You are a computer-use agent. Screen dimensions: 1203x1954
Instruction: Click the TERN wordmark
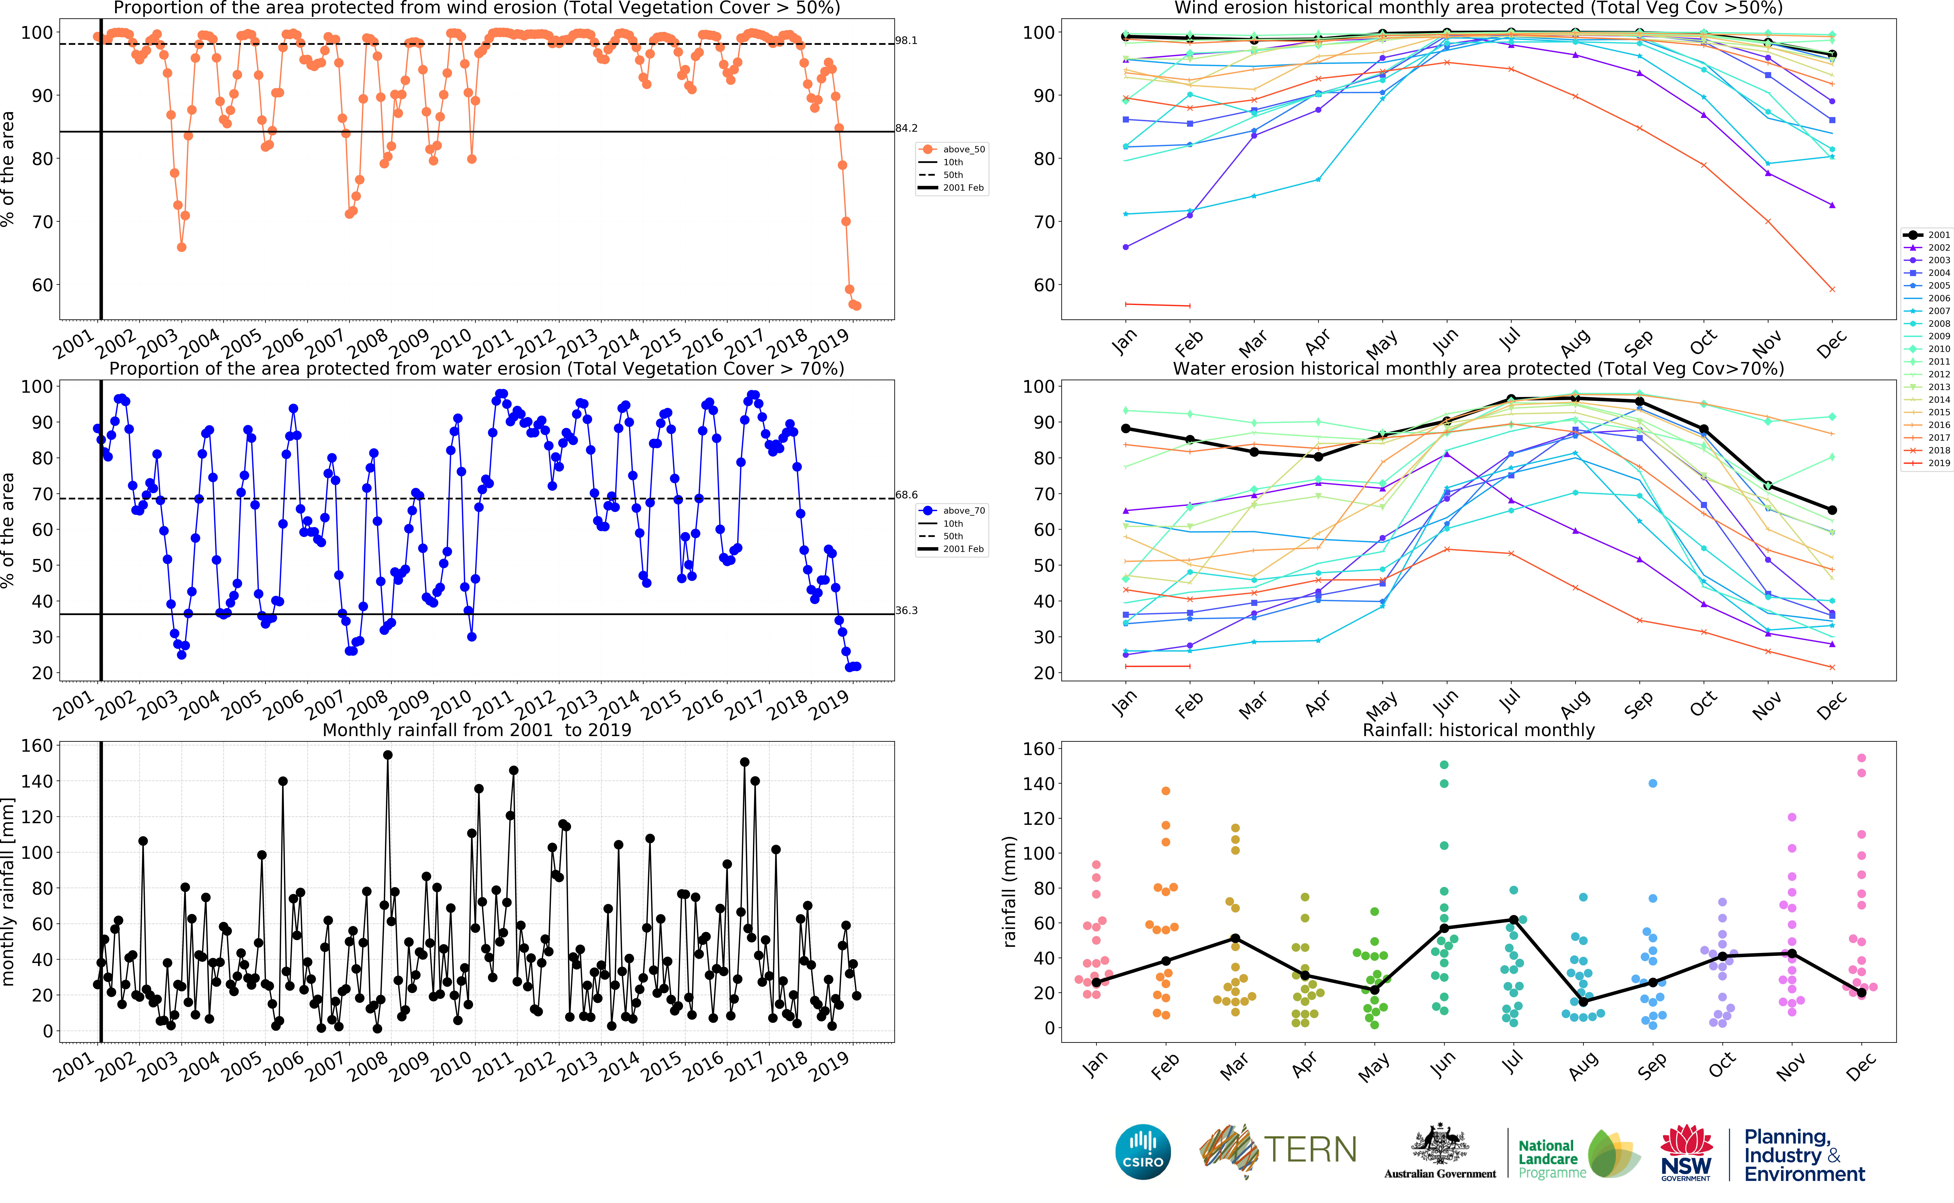[x=1309, y=1150]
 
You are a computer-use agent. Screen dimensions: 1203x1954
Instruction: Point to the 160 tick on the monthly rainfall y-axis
[x=37, y=745]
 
